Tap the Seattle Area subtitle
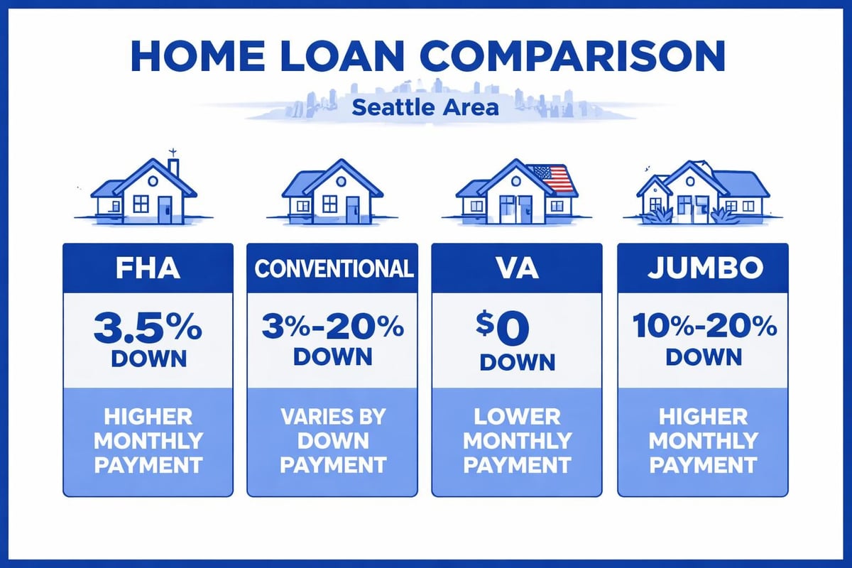[425, 109]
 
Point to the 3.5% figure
[148, 329]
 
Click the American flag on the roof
[552, 177]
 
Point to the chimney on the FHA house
[173, 166]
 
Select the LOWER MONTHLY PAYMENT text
[517, 441]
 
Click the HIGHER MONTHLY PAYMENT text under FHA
[148, 441]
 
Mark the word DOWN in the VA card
[517, 362]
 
